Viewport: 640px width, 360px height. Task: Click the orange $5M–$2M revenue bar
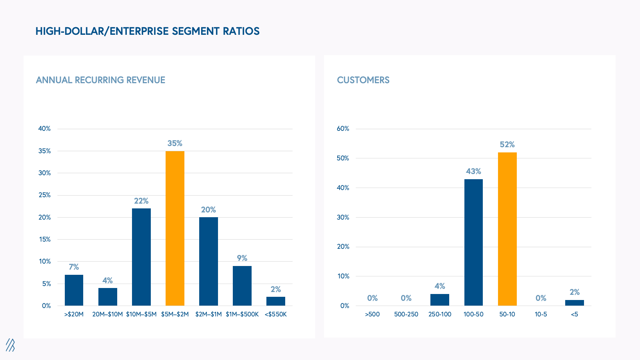click(175, 228)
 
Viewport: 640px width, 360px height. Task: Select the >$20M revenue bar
click(74, 290)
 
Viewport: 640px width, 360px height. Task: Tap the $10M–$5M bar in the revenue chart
click(141, 257)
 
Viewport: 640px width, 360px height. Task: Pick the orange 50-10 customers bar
click(507, 229)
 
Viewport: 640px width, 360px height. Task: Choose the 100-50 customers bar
click(474, 242)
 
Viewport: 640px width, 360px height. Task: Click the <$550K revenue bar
click(276, 301)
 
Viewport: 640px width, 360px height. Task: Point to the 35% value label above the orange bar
click(175, 143)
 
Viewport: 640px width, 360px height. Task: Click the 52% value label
click(507, 144)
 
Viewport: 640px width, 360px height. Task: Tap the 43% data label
click(474, 171)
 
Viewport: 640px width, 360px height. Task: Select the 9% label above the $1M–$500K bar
click(242, 258)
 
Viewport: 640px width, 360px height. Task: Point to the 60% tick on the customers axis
click(343, 128)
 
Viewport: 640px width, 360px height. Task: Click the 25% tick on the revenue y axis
click(44, 195)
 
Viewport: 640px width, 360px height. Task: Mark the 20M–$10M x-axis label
click(108, 314)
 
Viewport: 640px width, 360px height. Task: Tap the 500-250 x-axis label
click(406, 314)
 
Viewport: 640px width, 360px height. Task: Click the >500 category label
click(372, 314)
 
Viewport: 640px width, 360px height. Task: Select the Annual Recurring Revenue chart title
click(100, 80)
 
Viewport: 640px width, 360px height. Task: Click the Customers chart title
click(363, 80)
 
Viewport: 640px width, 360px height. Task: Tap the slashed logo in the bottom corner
click(10, 345)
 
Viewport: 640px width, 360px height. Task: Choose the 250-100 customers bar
click(440, 300)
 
